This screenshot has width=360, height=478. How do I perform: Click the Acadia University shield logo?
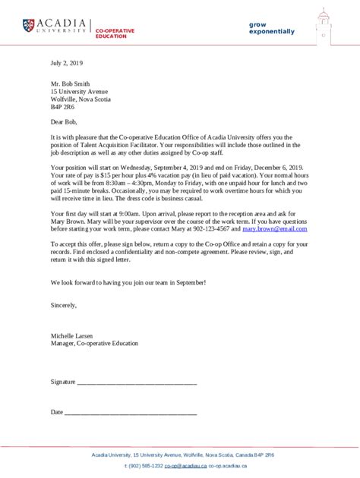tap(28, 27)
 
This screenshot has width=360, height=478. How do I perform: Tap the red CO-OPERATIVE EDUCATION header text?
tap(115, 33)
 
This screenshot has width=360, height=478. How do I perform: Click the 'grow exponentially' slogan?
tap(271, 28)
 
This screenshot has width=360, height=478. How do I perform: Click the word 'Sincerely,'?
tap(64, 304)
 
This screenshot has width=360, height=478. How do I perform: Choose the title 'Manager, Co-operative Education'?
tap(95, 343)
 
